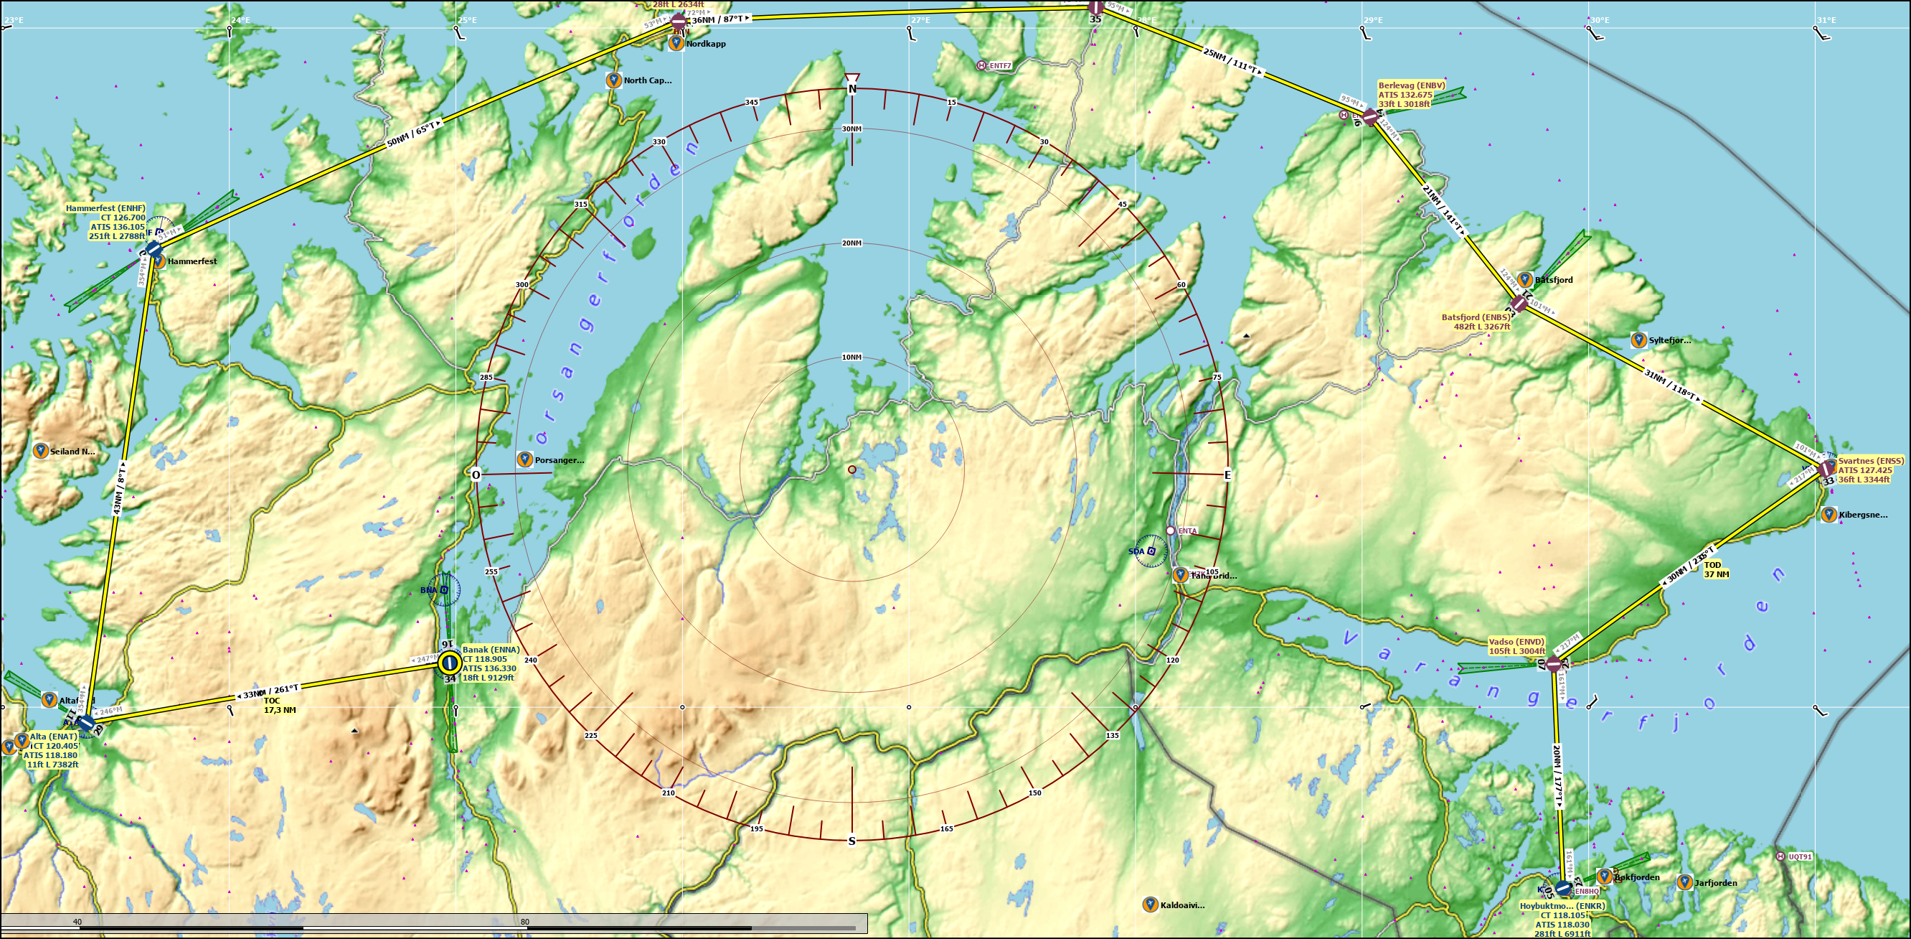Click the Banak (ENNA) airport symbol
tap(449, 662)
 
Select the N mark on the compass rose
tap(851, 89)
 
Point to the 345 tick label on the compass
tap(752, 103)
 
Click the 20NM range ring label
tap(851, 243)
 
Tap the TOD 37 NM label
tap(1716, 569)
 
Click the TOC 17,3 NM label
tap(280, 705)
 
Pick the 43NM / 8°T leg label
tap(119, 488)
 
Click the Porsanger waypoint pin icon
tap(524, 459)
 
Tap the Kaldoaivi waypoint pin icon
tap(1150, 904)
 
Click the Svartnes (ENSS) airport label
tap(1870, 470)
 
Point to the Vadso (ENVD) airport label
tap(1516, 646)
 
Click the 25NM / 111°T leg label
tap(1232, 62)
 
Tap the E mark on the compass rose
tap(1227, 475)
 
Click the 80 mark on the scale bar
tap(524, 922)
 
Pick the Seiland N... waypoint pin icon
tap(41, 451)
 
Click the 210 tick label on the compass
tap(669, 793)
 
